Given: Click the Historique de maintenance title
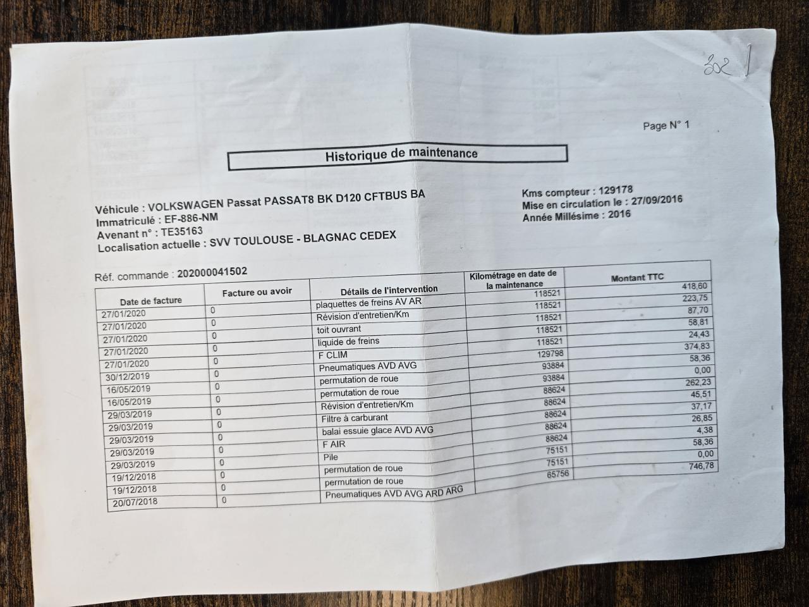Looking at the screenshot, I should pyautogui.click(x=401, y=154).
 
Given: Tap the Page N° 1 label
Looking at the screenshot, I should pyautogui.click(x=666, y=125).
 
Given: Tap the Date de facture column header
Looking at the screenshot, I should pyautogui.click(x=150, y=301).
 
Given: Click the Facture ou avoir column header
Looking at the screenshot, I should pyautogui.click(x=257, y=292).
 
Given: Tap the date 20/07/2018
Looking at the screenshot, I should pyautogui.click(x=133, y=502).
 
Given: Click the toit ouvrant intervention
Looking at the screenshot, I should pyautogui.click(x=339, y=329).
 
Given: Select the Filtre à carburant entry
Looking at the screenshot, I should pyautogui.click(x=355, y=418).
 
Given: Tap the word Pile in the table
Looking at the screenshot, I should pyautogui.click(x=330, y=457).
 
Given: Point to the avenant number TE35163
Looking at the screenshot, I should pyautogui.click(x=181, y=232).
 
